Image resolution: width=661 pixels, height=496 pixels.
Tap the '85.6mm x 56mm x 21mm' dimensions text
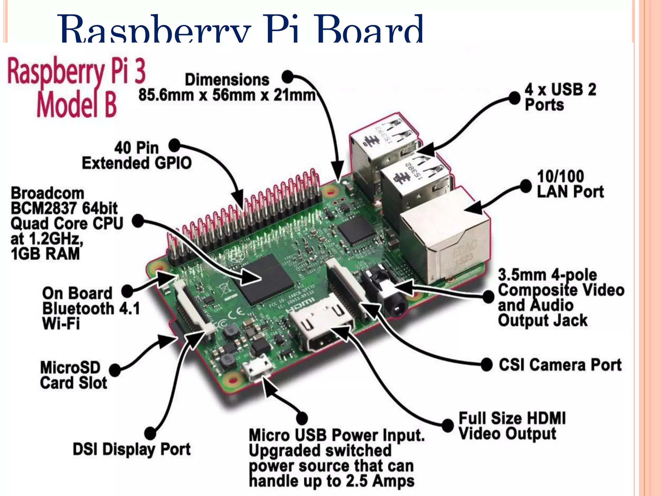(x=227, y=95)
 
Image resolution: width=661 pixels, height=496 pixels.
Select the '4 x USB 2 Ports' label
(x=560, y=97)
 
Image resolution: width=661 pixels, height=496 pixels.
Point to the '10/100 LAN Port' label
(x=570, y=184)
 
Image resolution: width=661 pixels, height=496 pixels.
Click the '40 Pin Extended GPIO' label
(x=137, y=155)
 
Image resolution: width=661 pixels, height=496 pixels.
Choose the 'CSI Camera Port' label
(x=560, y=365)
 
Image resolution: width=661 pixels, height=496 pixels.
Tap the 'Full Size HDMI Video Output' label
(x=512, y=426)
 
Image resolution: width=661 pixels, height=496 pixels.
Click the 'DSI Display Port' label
(x=132, y=449)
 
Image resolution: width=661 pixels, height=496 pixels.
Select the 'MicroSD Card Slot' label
(x=74, y=375)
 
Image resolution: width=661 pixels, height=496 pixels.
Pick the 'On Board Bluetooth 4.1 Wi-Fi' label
(x=91, y=308)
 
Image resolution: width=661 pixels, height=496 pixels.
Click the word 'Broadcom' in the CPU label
(x=47, y=193)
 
